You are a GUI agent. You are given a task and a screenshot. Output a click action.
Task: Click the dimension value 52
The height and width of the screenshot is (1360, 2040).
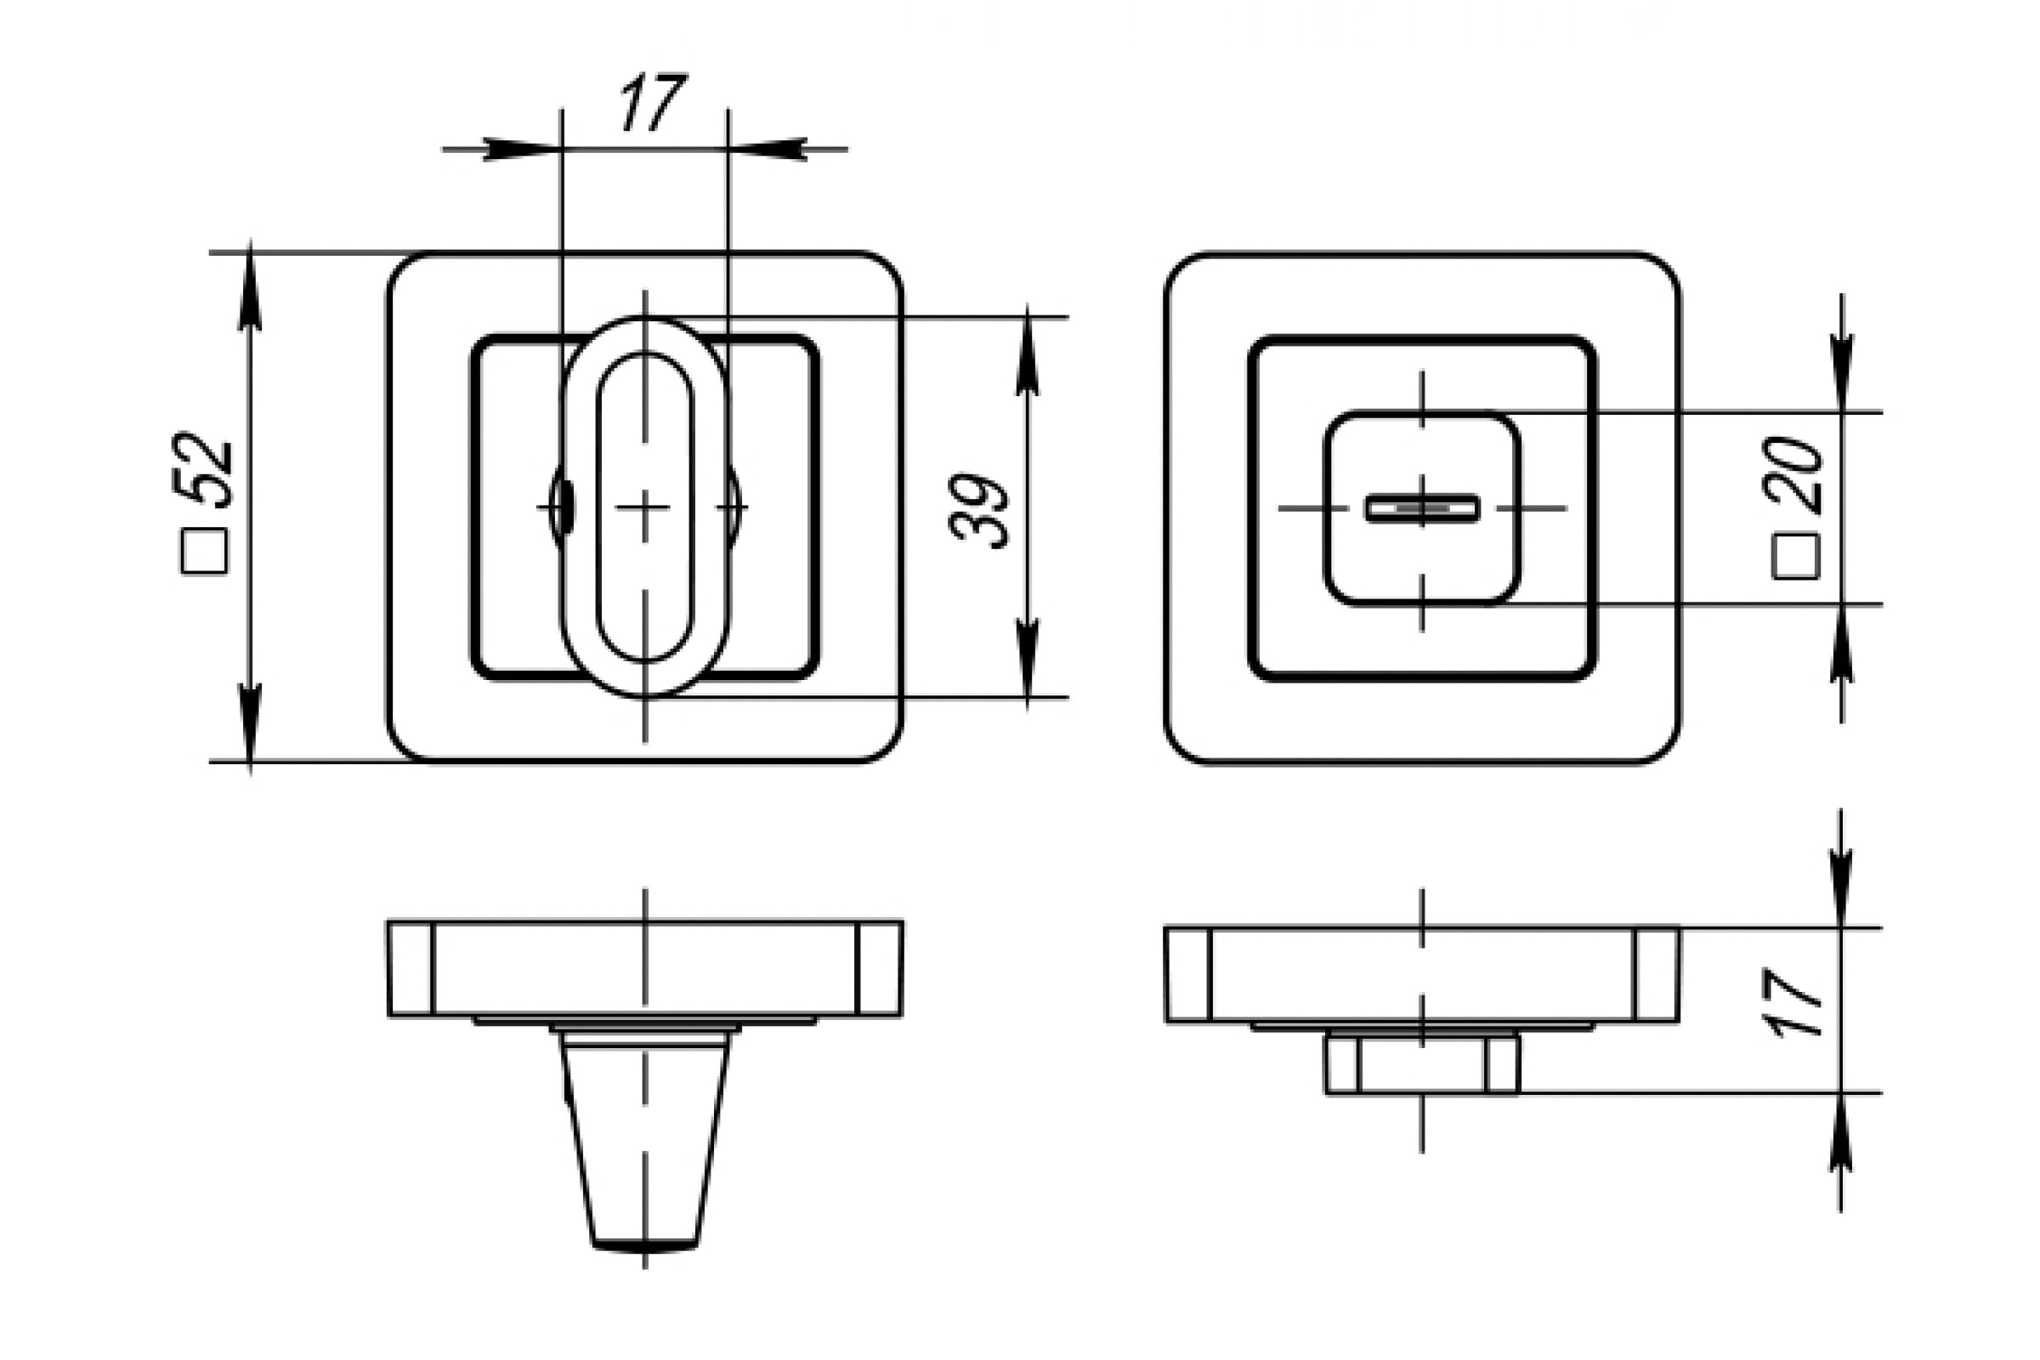(x=203, y=469)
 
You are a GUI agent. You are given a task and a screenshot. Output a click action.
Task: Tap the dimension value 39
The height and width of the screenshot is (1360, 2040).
(x=980, y=511)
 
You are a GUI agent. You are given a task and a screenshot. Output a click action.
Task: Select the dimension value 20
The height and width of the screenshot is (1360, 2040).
(x=1793, y=474)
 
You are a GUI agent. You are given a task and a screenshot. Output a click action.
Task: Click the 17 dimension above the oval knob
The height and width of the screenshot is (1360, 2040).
(x=652, y=102)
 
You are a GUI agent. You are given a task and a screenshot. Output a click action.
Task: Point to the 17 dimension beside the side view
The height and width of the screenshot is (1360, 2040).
(x=1793, y=1003)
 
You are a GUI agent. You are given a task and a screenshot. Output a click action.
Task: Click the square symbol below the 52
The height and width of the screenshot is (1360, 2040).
(x=205, y=552)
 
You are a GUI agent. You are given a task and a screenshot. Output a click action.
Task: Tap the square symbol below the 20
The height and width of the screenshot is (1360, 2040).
(x=1795, y=557)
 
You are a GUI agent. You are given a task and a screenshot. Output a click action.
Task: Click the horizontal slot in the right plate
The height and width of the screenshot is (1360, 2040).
(x=1422, y=508)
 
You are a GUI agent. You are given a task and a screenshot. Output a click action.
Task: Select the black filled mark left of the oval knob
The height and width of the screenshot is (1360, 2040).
(x=564, y=507)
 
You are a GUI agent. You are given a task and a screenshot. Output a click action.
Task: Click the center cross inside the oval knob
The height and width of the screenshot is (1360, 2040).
(x=643, y=507)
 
